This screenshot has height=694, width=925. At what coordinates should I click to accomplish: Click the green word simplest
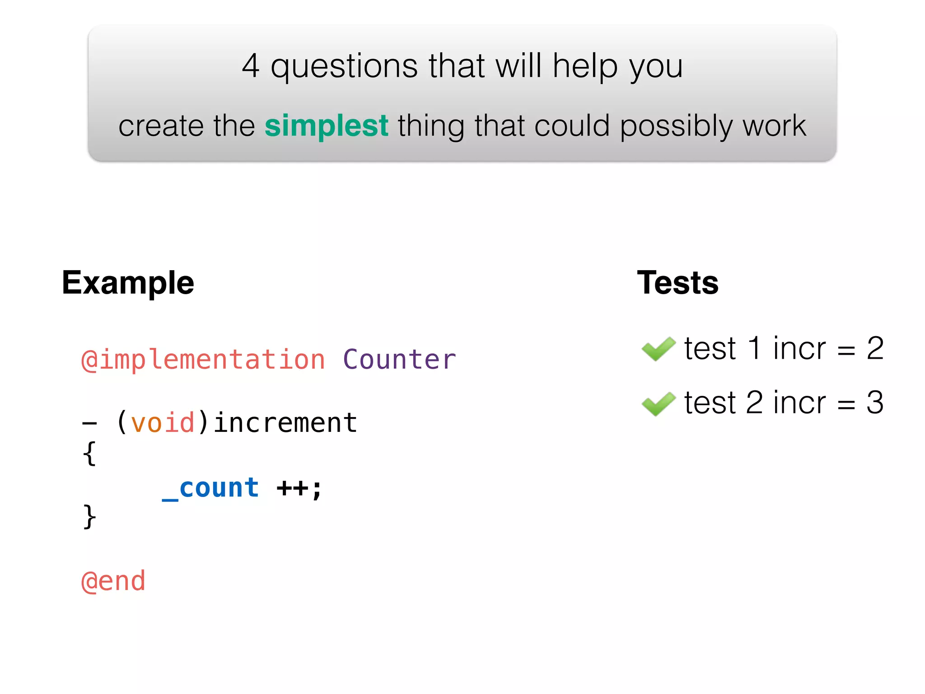(326, 126)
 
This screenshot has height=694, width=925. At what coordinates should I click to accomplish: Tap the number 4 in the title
(251, 66)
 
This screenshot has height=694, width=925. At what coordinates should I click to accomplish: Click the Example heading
(128, 283)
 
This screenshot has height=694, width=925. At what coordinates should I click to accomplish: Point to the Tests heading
(677, 283)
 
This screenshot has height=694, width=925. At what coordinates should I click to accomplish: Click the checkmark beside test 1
(658, 349)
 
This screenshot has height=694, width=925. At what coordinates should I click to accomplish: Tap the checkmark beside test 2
(658, 403)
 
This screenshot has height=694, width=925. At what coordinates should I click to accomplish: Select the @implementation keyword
(203, 360)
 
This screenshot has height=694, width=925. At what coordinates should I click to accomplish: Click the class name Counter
(399, 360)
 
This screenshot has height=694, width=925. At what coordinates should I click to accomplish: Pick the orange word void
(163, 423)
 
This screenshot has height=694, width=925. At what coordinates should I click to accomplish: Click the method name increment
(285, 423)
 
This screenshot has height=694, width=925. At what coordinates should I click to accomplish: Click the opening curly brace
(89, 453)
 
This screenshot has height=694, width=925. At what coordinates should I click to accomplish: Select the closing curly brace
(89, 516)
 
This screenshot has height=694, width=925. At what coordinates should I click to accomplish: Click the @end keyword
(113, 581)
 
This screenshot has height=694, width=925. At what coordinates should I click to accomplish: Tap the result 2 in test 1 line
(875, 349)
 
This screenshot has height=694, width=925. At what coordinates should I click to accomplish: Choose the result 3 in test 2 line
(875, 403)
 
